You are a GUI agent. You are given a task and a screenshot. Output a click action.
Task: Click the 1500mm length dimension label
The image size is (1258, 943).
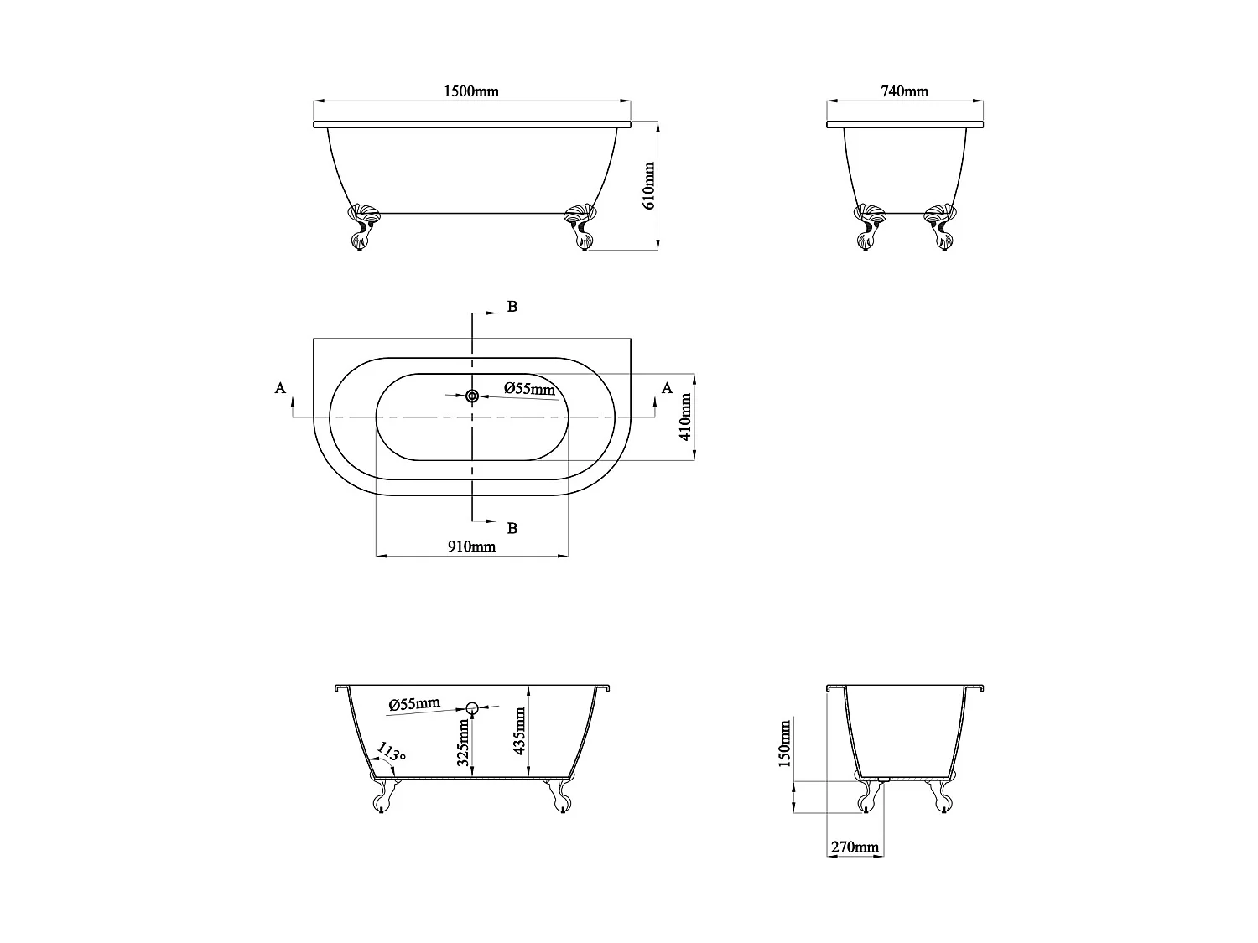[x=470, y=91]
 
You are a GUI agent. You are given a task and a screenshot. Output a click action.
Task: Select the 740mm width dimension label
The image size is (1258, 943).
[x=904, y=91]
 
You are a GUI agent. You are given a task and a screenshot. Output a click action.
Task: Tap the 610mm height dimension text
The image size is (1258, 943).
[x=647, y=186]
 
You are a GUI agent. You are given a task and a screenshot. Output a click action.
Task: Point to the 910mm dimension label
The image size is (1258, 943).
[x=470, y=547]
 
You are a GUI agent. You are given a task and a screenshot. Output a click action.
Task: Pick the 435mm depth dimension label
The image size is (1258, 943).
[x=519, y=731]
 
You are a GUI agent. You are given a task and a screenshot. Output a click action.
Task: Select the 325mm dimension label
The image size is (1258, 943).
[x=462, y=743]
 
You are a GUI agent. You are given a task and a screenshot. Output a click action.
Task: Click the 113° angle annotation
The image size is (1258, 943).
[x=391, y=751]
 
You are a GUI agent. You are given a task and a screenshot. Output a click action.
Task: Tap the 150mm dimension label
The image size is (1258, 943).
[x=785, y=744]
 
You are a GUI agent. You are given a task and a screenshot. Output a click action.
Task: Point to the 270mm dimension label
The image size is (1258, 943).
[x=855, y=847]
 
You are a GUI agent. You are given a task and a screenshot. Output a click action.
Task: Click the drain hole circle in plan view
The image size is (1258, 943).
[x=472, y=396]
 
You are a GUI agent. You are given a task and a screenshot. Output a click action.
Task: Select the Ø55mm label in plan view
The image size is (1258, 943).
[x=529, y=388]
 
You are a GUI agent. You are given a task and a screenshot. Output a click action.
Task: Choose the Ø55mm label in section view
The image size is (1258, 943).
[x=413, y=704]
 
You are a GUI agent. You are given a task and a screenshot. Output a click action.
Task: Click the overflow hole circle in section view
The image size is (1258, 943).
[x=472, y=708]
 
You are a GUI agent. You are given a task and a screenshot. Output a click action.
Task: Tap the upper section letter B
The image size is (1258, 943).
[x=512, y=307]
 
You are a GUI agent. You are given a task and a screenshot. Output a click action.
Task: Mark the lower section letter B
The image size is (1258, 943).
[x=512, y=528]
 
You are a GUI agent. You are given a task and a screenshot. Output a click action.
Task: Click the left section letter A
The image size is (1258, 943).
[x=280, y=387]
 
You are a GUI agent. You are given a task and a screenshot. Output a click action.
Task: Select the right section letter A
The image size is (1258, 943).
[x=667, y=387]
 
